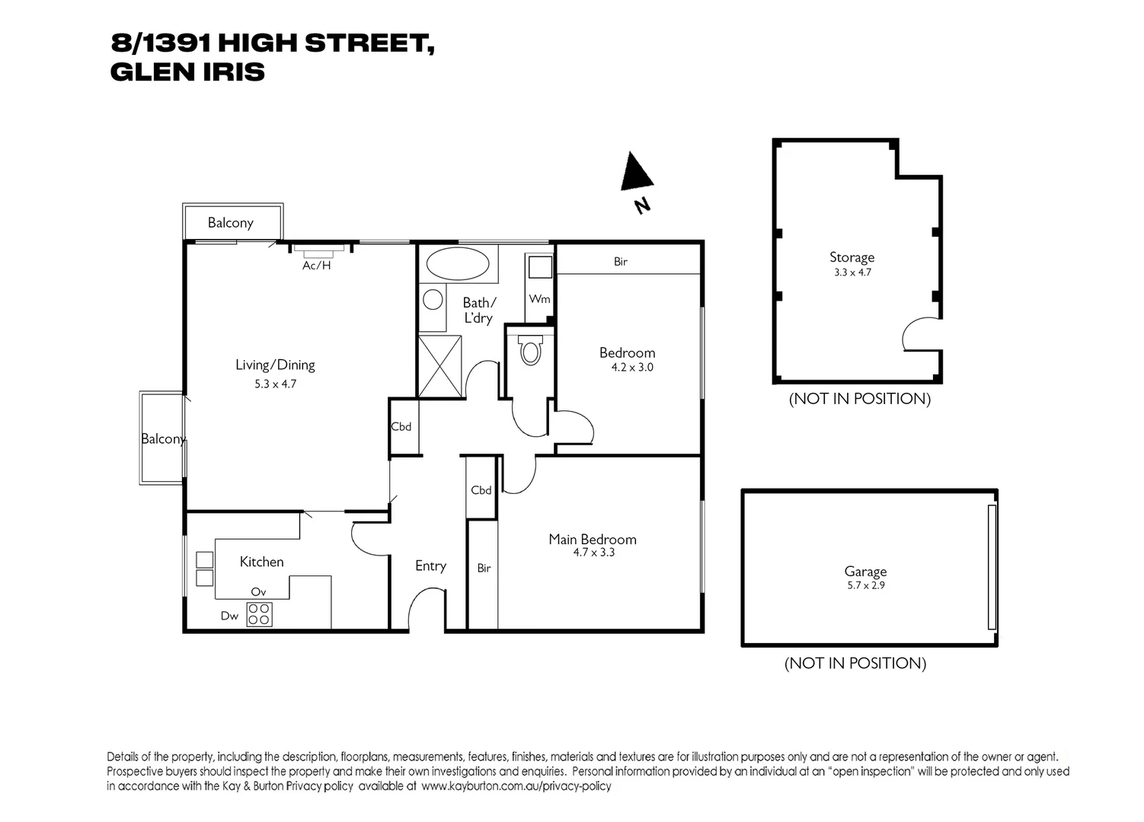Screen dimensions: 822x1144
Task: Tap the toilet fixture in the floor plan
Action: [x=530, y=351]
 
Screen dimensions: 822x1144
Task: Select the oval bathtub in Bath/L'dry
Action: [x=457, y=264]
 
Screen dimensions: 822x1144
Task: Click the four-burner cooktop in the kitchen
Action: [x=259, y=613]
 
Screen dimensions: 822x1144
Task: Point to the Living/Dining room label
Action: [x=275, y=365]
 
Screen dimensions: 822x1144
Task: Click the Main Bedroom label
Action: [x=593, y=539]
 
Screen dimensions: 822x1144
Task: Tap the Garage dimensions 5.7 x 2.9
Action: [x=865, y=585]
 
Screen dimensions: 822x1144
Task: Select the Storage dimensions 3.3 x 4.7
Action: [x=852, y=272]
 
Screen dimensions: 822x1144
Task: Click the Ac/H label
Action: [x=317, y=266]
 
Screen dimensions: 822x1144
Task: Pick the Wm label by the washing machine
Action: [x=539, y=299]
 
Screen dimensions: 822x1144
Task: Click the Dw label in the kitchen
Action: [x=229, y=616]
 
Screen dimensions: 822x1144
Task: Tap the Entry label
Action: [x=430, y=566]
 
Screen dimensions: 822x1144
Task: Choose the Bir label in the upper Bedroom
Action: [x=621, y=262]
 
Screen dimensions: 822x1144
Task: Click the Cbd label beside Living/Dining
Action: [x=401, y=426]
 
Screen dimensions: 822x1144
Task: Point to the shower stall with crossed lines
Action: [x=440, y=365]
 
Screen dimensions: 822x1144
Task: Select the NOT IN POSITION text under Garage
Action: [x=855, y=663]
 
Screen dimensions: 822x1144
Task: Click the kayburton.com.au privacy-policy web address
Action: [x=516, y=786]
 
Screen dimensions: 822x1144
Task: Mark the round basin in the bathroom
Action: [x=433, y=299]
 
